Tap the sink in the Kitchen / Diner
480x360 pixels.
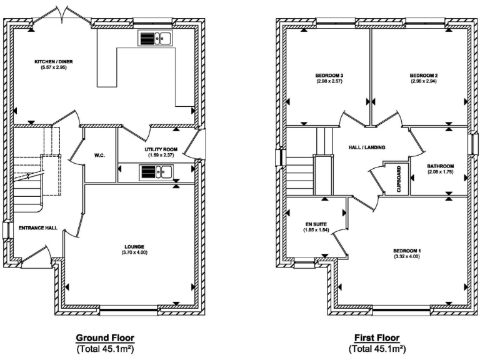point(154,39)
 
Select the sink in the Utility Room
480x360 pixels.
point(155,171)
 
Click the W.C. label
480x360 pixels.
point(99,155)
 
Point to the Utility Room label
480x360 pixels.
point(161,149)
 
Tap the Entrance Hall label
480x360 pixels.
point(38,228)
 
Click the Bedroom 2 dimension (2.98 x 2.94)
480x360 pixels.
point(423,81)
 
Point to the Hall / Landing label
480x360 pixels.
point(366,147)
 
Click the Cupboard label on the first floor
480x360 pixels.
point(399,179)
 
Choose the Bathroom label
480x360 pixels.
point(441,166)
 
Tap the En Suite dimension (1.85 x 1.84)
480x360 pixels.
point(316,230)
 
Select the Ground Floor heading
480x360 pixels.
point(106,338)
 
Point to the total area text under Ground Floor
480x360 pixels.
point(106,348)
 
